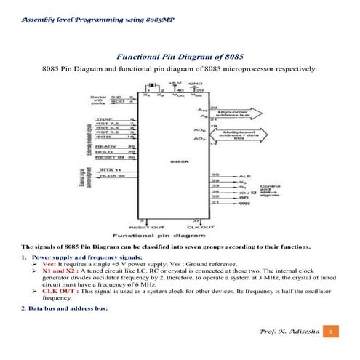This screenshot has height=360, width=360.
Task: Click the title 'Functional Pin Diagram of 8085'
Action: point(180,56)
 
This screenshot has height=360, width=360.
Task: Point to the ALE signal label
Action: point(245,176)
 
